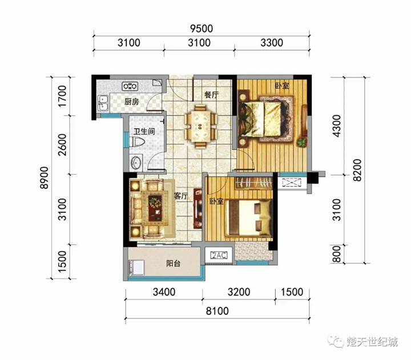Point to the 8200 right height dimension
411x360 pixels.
point(357,171)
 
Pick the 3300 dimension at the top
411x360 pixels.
point(272,43)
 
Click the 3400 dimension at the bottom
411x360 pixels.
point(164,293)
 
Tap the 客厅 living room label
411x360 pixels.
point(182,196)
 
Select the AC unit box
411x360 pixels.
point(220,255)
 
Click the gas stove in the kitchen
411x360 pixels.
point(130,86)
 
